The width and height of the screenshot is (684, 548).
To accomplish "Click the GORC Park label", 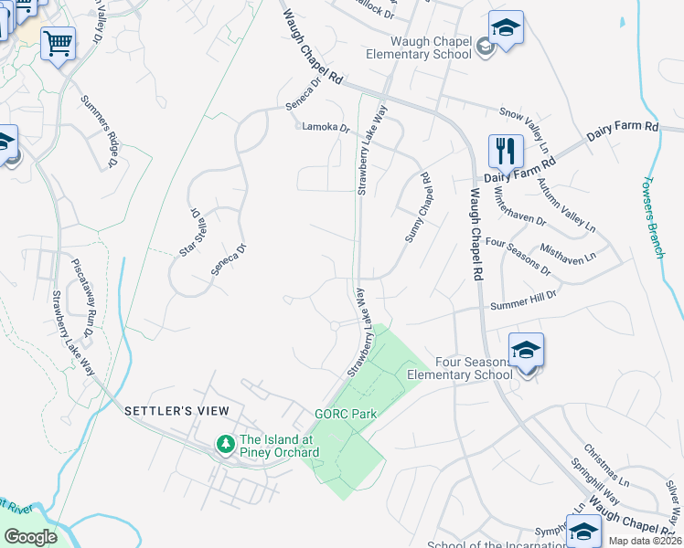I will coord(346,414).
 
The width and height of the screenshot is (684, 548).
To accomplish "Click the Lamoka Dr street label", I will coord(326,128).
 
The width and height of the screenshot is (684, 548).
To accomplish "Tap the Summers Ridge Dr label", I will coord(100,132).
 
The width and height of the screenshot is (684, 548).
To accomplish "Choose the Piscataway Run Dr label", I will coord(83,293).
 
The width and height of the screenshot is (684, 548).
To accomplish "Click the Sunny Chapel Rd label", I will coord(419,208).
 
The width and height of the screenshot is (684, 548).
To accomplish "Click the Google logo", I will coord(30,537).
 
